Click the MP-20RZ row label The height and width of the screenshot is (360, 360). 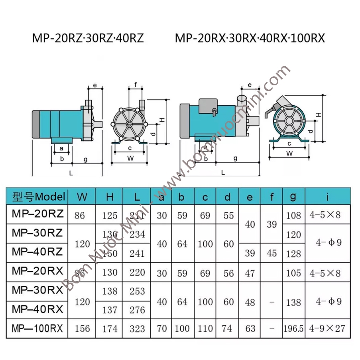(x=37, y=214)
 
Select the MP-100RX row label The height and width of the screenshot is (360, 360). (x=37, y=329)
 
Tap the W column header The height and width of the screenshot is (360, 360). (x=82, y=197)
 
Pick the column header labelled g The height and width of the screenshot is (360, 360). (x=293, y=197)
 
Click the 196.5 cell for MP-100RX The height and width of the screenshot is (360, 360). (x=293, y=329)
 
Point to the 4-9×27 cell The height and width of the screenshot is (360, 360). (x=327, y=329)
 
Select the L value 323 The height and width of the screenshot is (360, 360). (x=137, y=329)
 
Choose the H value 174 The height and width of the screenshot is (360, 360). (x=110, y=329)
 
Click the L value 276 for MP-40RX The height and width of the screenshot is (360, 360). (x=137, y=310)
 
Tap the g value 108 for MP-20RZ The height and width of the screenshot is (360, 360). (x=293, y=215)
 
